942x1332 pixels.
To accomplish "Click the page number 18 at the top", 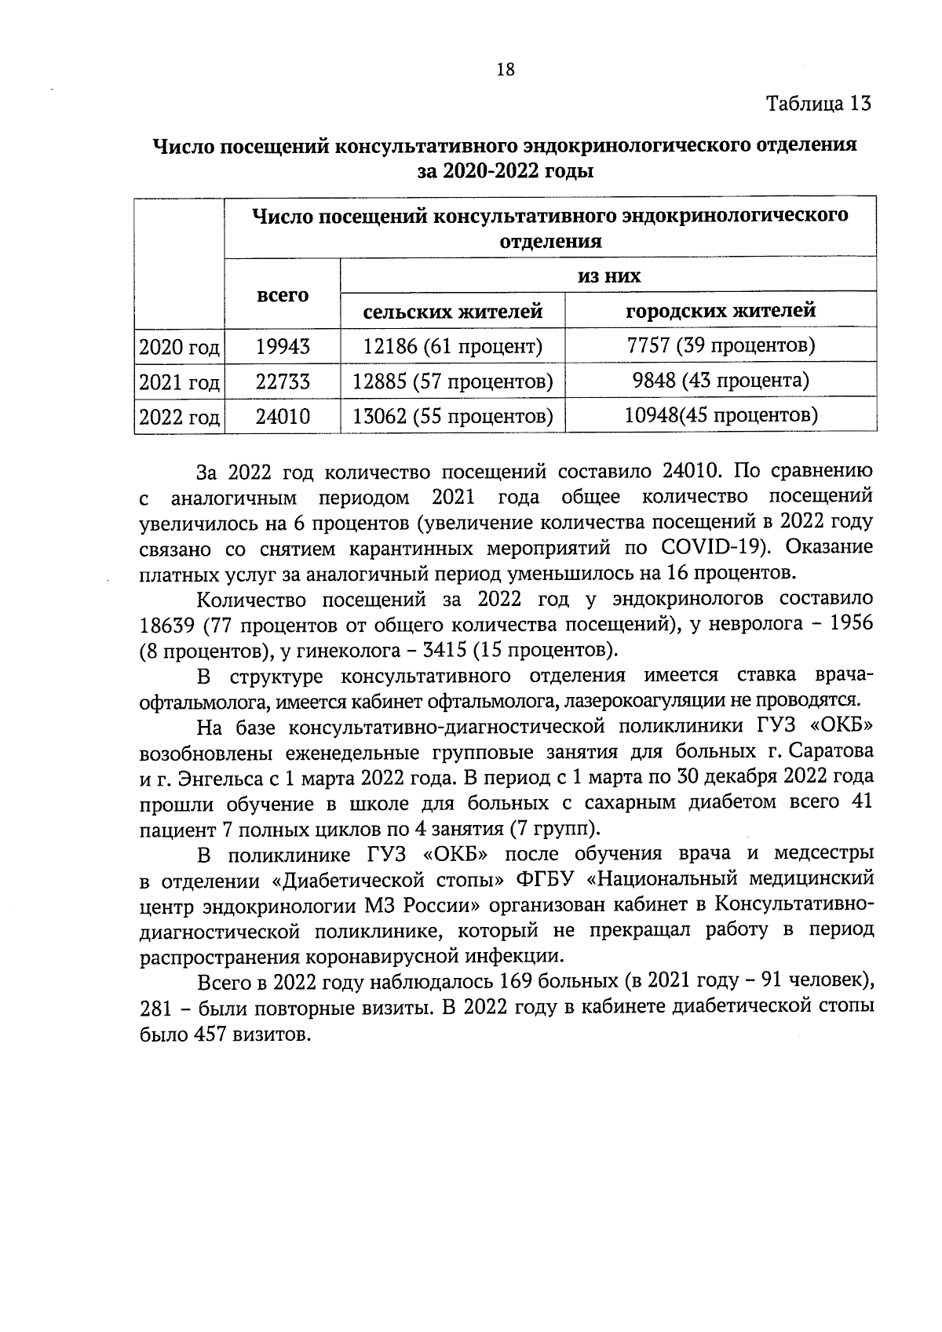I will tap(506, 69).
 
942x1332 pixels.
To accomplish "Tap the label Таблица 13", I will tap(819, 104).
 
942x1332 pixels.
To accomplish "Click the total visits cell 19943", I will tap(283, 346).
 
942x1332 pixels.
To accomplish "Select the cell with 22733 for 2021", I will tap(283, 381).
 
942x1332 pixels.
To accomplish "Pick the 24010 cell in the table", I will tap(283, 416).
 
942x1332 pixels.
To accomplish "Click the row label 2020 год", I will tap(179, 347).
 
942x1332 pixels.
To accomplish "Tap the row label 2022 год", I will tap(179, 417).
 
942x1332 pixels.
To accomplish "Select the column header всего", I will tap(283, 296).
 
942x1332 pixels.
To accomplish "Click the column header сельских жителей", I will tap(453, 312).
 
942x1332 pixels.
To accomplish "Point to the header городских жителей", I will tap(721, 311).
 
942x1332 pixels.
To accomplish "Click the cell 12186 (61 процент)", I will tap(453, 345).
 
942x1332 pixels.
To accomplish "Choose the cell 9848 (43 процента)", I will tap(721, 381).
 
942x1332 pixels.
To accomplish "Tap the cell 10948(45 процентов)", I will tap(721, 414).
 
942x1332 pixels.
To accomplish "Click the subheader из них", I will tap(608, 276).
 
